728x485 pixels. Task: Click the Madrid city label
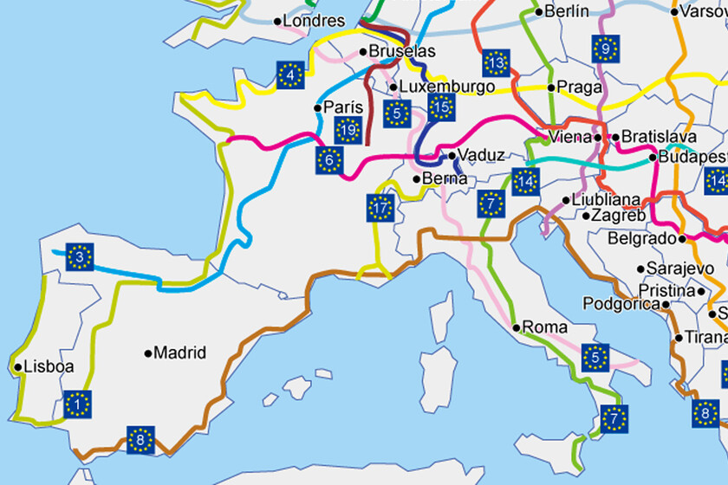click(x=180, y=352)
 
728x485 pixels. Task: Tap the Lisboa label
click(x=49, y=366)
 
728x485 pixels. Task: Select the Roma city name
click(x=544, y=327)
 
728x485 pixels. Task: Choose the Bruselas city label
click(x=402, y=52)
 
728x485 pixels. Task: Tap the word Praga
click(x=579, y=87)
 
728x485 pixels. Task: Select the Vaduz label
click(x=481, y=155)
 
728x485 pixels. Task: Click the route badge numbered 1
click(x=78, y=404)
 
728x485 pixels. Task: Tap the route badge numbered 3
click(x=79, y=257)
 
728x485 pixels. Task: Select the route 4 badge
click(x=289, y=75)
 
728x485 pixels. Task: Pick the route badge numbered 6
click(x=329, y=160)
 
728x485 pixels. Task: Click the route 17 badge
click(x=380, y=208)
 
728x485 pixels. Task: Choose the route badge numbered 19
click(x=348, y=132)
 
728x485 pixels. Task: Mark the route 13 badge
click(x=496, y=62)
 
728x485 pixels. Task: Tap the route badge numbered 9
click(x=606, y=49)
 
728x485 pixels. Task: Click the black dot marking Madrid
click(x=148, y=352)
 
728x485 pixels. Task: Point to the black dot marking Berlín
click(x=538, y=12)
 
